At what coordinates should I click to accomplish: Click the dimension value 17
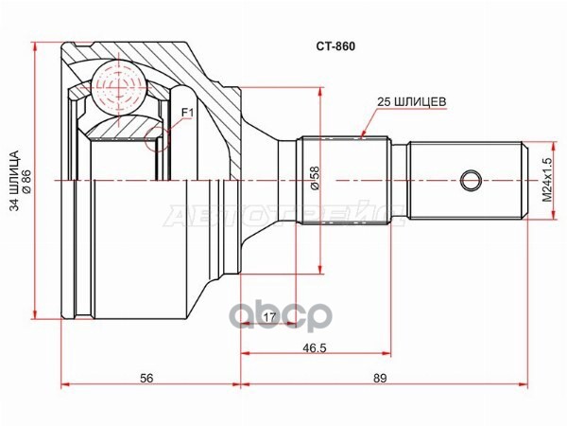(269, 317)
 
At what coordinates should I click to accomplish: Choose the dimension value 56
(146, 378)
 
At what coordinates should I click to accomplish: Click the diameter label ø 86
(26, 178)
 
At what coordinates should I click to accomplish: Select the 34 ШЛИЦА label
(12, 178)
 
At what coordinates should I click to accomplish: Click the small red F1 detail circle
(159, 139)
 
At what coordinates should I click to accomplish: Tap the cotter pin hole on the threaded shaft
(471, 179)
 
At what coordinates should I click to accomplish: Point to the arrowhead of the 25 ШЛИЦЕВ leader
(362, 132)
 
